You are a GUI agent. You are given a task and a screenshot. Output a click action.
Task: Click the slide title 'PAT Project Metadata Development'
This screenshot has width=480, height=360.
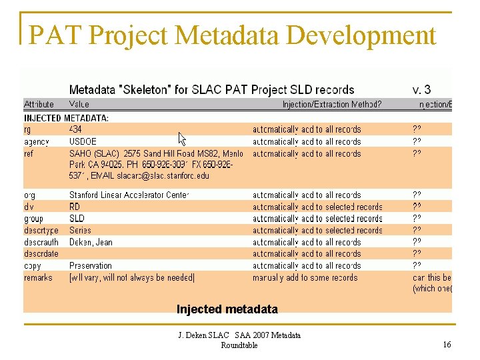[x=233, y=35]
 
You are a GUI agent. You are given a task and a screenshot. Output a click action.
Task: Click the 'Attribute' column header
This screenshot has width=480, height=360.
[x=39, y=104]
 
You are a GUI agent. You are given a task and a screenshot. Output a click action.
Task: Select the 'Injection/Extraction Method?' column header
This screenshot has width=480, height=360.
[x=331, y=104]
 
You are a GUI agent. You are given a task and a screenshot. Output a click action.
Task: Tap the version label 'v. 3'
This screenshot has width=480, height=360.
[x=421, y=89]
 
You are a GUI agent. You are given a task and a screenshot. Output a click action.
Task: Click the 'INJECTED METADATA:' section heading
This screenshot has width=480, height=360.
[x=67, y=117]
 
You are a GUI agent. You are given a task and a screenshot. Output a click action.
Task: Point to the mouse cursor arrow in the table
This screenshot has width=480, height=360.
[x=182, y=138]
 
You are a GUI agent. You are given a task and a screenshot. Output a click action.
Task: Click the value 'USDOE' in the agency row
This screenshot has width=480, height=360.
[x=83, y=141]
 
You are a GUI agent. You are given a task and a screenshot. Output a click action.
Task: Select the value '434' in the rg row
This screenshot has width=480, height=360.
[x=75, y=129]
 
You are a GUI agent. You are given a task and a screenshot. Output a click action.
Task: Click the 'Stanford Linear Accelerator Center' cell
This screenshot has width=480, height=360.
[x=129, y=195]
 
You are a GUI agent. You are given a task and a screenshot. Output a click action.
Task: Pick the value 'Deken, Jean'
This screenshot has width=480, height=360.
[x=91, y=242]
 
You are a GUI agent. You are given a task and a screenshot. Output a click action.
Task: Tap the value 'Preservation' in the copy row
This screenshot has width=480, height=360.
[x=91, y=265]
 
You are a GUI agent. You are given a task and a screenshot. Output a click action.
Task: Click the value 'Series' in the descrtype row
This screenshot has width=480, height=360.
[x=81, y=230]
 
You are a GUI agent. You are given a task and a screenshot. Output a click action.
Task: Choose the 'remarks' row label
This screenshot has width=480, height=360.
[x=38, y=277]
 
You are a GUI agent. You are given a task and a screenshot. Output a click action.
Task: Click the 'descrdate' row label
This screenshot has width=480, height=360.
[x=41, y=253]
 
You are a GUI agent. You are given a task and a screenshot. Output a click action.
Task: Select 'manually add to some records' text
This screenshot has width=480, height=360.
[x=305, y=277]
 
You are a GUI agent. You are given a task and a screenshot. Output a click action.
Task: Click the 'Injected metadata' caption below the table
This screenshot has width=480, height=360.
[x=227, y=309]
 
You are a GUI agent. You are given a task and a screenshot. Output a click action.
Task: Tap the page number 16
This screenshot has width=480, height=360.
[x=447, y=344]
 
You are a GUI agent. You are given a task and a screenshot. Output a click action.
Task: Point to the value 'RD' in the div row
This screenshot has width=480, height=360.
[x=75, y=207]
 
